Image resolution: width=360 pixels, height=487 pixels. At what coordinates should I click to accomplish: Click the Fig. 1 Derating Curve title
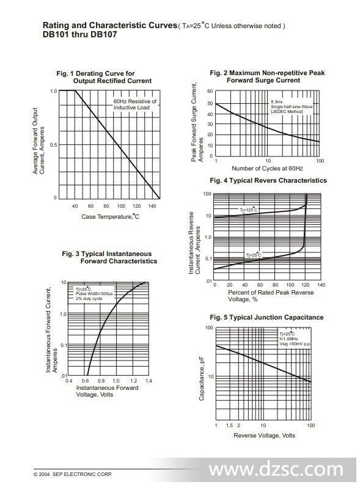104,78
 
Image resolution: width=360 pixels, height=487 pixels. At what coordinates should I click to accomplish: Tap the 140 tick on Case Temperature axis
152,206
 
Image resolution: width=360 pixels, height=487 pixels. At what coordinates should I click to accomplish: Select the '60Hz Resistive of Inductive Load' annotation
135,104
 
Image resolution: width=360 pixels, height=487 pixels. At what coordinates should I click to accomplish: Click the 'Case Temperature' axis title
110,216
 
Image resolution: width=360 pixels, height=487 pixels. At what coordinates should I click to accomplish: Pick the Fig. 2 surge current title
267,76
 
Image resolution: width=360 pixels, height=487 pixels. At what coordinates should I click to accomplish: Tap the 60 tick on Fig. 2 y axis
210,91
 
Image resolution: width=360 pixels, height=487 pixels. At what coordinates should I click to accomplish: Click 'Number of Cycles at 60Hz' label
267,168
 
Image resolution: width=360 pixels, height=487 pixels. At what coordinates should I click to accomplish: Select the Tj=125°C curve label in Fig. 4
248,210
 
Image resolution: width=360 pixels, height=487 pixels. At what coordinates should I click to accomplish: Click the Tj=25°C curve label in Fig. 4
254,255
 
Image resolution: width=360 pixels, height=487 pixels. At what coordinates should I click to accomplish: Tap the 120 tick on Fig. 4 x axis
306,285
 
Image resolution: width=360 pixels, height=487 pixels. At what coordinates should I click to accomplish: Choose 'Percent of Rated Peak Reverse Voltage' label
271,296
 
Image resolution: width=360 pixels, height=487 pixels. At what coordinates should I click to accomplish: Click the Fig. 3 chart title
109,257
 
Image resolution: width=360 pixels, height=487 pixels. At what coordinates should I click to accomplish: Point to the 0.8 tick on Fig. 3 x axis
101,381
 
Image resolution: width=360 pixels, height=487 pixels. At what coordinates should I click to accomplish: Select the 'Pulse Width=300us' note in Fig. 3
94,294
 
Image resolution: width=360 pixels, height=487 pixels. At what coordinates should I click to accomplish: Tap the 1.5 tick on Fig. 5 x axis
229,425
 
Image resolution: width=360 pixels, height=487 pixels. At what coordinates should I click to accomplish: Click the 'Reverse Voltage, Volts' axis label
264,436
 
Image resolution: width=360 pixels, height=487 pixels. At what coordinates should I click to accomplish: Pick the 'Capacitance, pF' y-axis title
202,378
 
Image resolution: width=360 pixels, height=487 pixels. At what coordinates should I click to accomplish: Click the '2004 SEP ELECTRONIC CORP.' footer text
73,474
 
